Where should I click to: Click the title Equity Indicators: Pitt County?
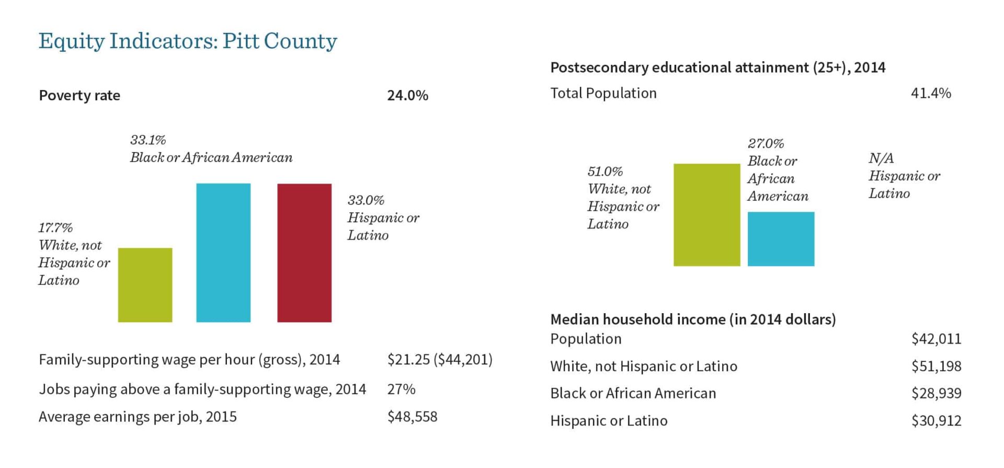tap(188, 41)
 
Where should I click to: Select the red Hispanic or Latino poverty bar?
tap(304, 253)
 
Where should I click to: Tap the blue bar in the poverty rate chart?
tap(223, 253)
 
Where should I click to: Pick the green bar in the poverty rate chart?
tap(145, 285)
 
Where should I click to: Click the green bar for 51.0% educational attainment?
tap(706, 215)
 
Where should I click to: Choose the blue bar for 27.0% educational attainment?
tap(781, 239)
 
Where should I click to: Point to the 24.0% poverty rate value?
tap(407, 95)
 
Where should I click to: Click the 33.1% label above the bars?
tap(148, 140)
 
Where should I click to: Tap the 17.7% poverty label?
tap(55, 228)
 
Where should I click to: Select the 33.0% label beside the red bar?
tap(366, 200)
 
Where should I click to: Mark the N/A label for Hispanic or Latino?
tap(881, 158)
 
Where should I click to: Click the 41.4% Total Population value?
tap(931, 93)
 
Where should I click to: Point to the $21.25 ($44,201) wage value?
tap(440, 360)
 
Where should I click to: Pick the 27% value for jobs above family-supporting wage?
tap(401, 389)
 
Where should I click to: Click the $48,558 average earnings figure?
tap(412, 417)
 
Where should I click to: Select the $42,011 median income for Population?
tap(936, 339)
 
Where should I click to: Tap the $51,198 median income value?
tap(936, 366)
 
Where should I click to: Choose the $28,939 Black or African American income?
tap(936, 393)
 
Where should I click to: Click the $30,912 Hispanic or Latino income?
tap(936, 421)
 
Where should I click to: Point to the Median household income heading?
tap(693, 319)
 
